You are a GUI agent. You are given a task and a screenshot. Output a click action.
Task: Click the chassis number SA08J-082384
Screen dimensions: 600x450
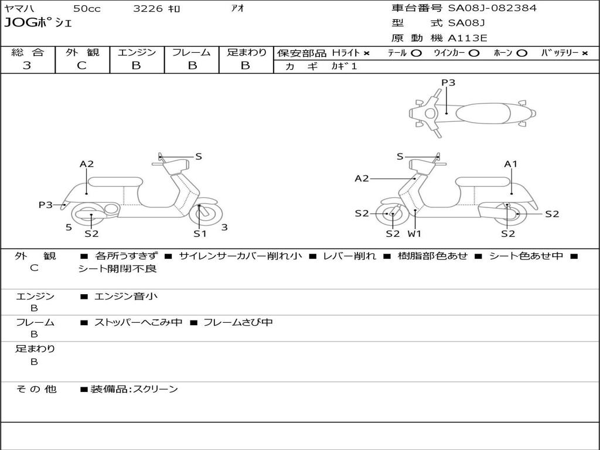point(492,8)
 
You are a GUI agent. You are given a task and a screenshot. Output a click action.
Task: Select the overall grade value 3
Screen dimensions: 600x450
point(27,66)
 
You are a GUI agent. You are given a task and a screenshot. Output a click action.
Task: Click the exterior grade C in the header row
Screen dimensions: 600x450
point(82,66)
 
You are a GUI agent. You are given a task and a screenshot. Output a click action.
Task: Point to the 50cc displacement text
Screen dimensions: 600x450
point(87,8)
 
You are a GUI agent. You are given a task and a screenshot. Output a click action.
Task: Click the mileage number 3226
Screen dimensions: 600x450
point(148,8)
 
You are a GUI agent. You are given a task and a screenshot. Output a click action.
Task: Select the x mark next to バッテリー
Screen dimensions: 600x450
point(585,53)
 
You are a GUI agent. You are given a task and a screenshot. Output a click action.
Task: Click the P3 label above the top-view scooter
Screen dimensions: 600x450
point(448,82)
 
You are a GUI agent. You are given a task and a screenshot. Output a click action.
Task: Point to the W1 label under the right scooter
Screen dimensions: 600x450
point(414,233)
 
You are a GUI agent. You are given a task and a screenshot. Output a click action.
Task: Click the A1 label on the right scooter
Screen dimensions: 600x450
point(511,164)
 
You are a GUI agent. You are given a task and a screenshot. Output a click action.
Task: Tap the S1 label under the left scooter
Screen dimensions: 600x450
point(200,233)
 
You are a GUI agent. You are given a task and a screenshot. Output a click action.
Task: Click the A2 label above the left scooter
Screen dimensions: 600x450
point(87,164)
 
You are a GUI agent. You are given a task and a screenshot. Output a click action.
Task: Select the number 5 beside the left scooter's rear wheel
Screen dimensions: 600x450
point(69,227)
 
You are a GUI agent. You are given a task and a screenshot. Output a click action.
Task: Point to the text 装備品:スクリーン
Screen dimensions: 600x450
point(134,389)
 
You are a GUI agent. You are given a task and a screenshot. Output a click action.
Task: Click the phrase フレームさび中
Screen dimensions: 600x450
point(238,322)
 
